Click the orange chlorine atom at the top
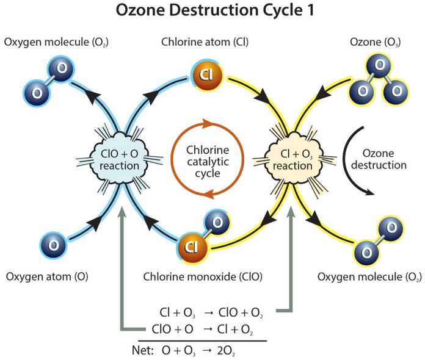pyautogui.click(x=206, y=74)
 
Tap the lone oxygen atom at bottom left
pyautogui.click(x=53, y=245)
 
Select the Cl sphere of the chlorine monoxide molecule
pyautogui.click(x=192, y=247)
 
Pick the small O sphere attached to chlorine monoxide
pyautogui.click(x=217, y=223)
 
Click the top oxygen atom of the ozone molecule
pyautogui.click(x=379, y=66)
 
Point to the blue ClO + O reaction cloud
pyautogui.click(x=119, y=160)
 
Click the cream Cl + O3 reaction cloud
pyautogui.click(x=293, y=160)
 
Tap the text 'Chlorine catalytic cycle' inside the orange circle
pyautogui.click(x=208, y=162)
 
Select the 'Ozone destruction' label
pyautogui.click(x=379, y=159)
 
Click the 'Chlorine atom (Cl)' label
pyautogui.click(x=205, y=42)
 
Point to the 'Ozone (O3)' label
pyautogui.click(x=376, y=42)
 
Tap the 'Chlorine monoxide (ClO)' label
pyautogui.click(x=203, y=276)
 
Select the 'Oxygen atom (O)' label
pyautogui.click(x=47, y=276)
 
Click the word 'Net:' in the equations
pyautogui.click(x=143, y=350)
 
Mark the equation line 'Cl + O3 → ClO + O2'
pyautogui.click(x=211, y=312)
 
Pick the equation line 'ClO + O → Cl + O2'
pyautogui.click(x=202, y=329)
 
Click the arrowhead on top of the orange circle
pyautogui.click(x=208, y=123)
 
